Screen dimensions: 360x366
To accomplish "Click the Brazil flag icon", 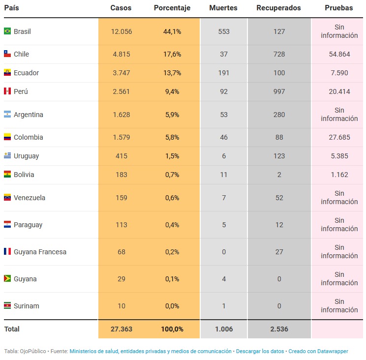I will coord(7,31).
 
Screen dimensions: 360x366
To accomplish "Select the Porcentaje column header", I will coord(172,8).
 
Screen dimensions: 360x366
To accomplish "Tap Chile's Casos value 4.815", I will coord(121,54).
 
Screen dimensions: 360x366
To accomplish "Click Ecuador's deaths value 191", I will coord(224,73).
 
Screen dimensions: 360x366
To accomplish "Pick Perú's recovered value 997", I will coord(279,91).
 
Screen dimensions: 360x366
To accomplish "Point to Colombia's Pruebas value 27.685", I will coord(339,137).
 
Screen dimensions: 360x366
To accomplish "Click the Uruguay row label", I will coord(26,156).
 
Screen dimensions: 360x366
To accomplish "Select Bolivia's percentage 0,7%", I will coord(172,175).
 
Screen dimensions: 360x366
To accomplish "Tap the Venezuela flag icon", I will coord(7,198).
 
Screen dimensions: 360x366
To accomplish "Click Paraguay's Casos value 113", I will coord(121,225).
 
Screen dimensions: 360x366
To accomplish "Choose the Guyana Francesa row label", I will coord(40,252).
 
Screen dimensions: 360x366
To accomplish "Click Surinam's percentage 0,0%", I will coord(172,306).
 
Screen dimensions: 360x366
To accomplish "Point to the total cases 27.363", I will coord(121,329).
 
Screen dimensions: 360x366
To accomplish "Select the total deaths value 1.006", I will coord(224,329).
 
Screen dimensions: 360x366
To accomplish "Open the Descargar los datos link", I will coord(259,352).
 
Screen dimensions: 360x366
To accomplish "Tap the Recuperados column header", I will coord(278,8).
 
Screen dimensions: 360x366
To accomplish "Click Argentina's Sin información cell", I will coord(339,115).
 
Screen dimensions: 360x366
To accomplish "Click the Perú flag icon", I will coord(7,91).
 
